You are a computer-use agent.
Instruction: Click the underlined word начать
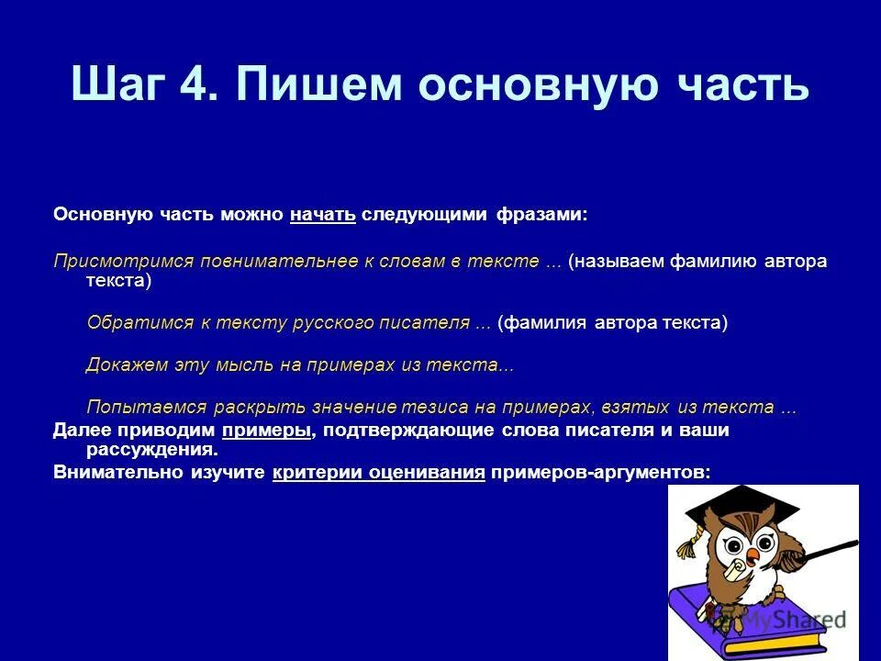click(x=322, y=215)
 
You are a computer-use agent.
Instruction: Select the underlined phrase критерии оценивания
click(x=378, y=472)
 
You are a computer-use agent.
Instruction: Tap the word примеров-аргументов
click(x=599, y=472)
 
